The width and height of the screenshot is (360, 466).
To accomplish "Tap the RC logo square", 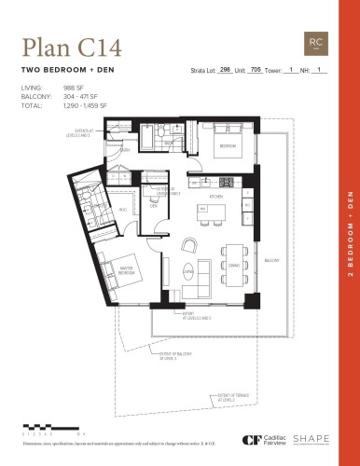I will coord(316,43).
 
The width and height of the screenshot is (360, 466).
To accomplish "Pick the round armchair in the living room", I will coord(190,244).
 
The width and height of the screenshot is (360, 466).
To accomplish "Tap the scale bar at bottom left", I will coord(41,427).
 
